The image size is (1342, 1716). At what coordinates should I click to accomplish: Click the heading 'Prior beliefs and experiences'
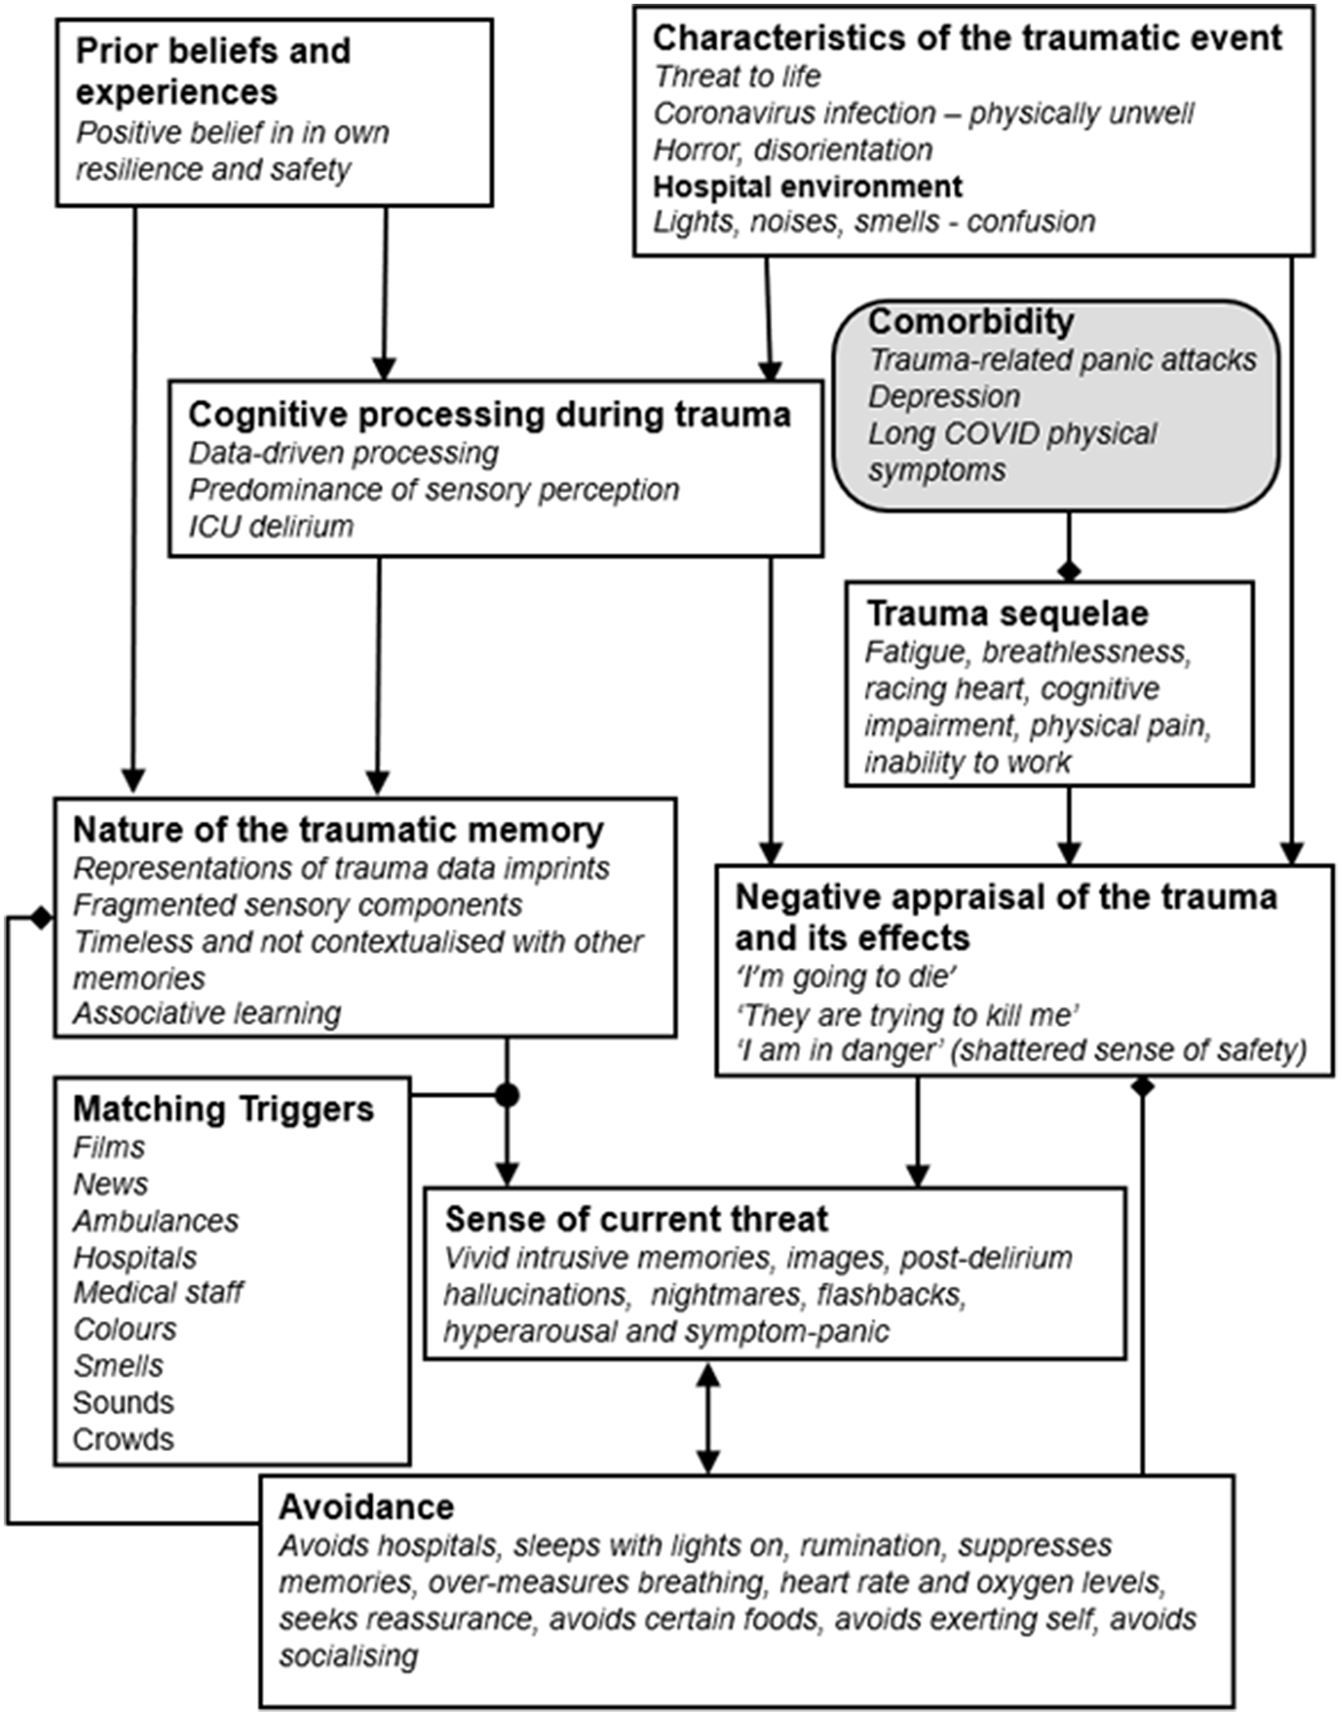coord(213,72)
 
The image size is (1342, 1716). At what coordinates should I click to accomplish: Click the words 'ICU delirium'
coord(270,526)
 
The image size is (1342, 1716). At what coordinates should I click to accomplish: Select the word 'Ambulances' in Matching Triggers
coord(155,1221)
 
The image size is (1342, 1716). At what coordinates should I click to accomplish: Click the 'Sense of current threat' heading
coord(636,1220)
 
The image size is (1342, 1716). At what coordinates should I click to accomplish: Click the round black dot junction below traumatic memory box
coord(507,1095)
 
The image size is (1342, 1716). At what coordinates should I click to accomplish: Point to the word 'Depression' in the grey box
coord(944,397)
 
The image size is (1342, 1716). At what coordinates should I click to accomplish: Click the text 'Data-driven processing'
coord(343,453)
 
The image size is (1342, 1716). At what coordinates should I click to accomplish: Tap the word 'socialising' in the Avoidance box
coord(348,1657)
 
